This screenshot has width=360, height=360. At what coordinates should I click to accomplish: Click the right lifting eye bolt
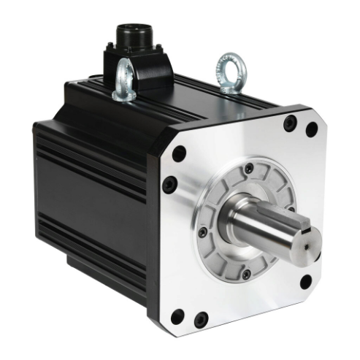(x=232, y=70)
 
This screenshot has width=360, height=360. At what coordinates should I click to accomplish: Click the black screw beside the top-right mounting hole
(x=291, y=121)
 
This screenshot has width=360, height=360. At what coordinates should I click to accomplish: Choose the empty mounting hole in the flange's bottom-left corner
(x=177, y=316)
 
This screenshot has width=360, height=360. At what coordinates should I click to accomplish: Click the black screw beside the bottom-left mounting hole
(x=199, y=318)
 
